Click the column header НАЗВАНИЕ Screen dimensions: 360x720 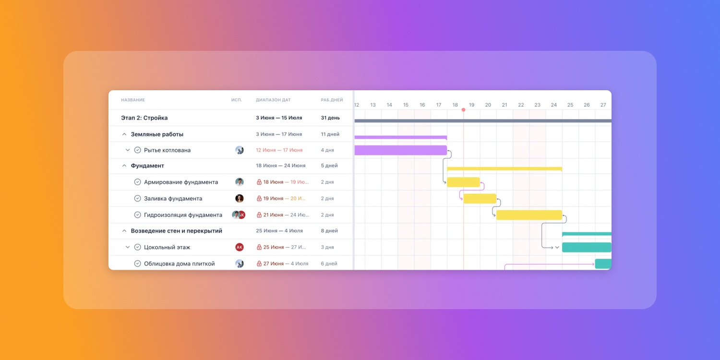point(133,100)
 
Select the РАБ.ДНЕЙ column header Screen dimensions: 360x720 point(332,100)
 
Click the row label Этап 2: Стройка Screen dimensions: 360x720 point(144,118)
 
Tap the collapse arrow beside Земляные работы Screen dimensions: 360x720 point(124,134)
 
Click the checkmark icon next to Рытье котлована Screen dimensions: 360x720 point(137,150)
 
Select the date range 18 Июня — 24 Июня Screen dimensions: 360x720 point(280,166)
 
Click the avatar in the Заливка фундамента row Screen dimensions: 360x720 point(240,198)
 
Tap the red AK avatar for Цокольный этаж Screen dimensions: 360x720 point(240,247)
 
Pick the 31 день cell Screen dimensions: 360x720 point(330,118)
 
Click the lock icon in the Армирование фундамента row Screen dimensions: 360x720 point(259,182)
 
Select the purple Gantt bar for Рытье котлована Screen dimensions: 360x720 point(400,150)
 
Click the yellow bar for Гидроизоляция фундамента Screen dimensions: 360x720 point(529,215)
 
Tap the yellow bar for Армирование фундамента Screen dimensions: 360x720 point(463,182)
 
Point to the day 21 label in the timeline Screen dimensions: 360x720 point(504,105)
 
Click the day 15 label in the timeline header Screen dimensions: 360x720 point(406,105)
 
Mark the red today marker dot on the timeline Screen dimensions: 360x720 point(463,110)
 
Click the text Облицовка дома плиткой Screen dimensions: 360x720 point(179,264)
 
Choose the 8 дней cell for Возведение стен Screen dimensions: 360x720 point(329,231)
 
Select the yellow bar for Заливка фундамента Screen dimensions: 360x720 point(480,198)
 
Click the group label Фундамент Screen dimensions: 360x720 point(147,166)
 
